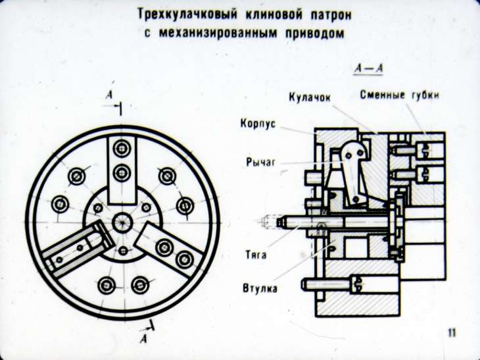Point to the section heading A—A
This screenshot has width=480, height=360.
click(x=368, y=68)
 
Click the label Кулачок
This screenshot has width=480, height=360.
click(x=309, y=97)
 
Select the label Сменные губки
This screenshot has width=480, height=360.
click(x=399, y=95)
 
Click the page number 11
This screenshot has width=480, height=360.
click(x=451, y=332)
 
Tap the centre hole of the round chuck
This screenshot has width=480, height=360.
click(x=122, y=222)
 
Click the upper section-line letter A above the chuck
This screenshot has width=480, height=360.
click(x=109, y=95)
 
